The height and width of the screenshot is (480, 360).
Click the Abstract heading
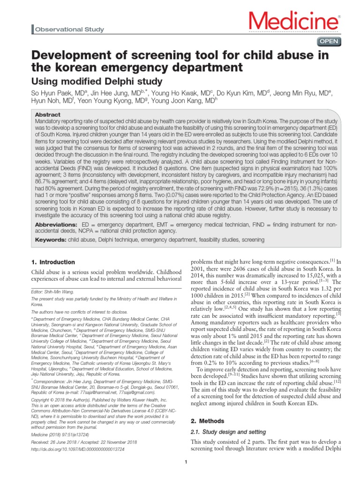point(48,114)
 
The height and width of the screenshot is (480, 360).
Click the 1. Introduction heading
point(52,262)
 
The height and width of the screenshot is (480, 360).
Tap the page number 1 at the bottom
point(186,464)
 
